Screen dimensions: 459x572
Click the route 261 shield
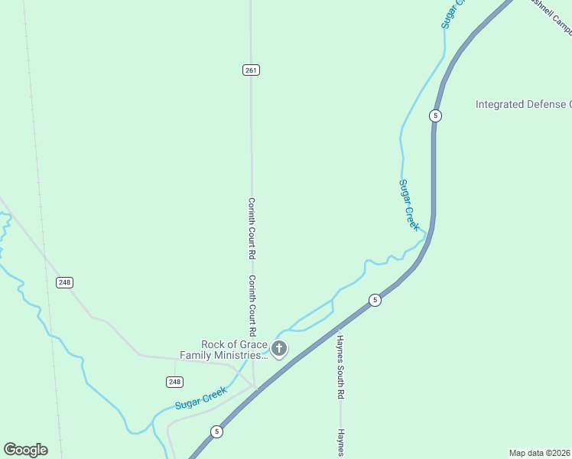point(252,70)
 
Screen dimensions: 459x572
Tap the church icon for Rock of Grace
point(279,350)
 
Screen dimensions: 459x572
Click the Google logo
point(25,450)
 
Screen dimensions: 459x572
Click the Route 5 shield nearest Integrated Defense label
point(435,116)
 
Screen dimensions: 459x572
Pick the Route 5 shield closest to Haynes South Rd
point(374,300)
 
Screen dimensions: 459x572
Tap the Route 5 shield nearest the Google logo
point(217,432)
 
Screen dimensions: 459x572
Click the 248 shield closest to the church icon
point(174,382)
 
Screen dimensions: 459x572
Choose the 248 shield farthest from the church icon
point(65,282)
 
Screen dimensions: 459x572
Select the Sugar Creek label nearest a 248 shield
point(201,398)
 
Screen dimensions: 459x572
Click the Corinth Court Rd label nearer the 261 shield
point(251,227)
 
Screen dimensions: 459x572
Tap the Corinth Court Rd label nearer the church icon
point(251,306)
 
